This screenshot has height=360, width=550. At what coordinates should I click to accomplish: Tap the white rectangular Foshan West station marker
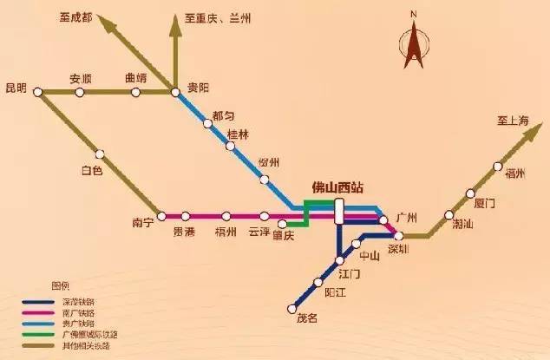tap(339, 211)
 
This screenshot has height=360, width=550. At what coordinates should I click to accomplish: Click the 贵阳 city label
tap(199, 88)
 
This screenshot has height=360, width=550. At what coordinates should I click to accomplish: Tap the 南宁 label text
tap(143, 223)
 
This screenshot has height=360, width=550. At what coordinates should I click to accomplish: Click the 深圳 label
tap(398, 250)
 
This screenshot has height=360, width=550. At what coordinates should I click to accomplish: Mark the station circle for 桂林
tap(230, 147)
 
